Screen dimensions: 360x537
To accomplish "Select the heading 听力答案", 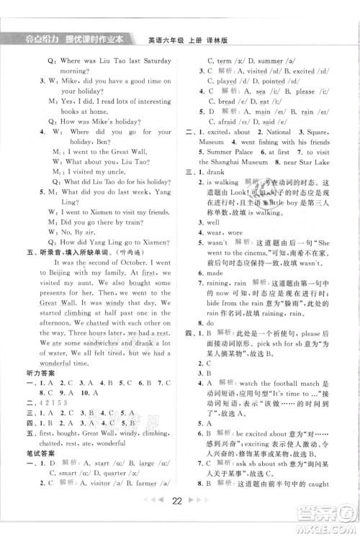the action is pos(34,383).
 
